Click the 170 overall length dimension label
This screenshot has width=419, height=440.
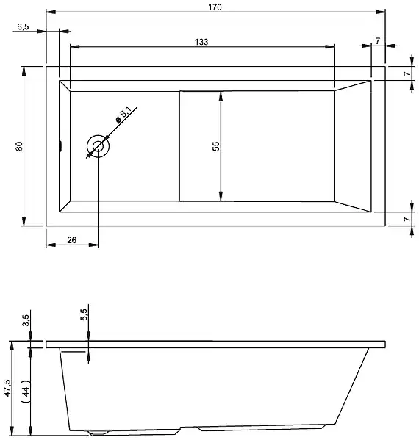[x=215, y=6]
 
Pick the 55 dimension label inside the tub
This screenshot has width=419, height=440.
[x=215, y=145]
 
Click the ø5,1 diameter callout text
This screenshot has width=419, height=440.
[x=123, y=114]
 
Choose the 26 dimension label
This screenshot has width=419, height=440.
[x=71, y=239]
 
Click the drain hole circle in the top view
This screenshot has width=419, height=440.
[x=98, y=146]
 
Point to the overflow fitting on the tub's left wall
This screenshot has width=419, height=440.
[x=60, y=146]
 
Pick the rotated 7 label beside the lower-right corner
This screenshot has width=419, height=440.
[x=404, y=219]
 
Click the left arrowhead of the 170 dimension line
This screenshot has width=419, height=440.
[x=50, y=12]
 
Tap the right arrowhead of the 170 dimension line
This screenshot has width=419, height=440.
[x=382, y=12]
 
